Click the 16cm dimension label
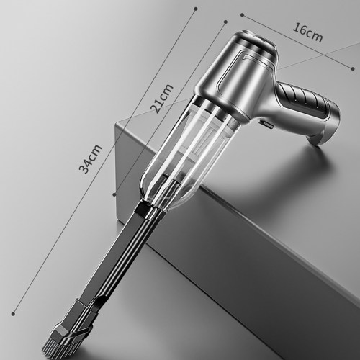(x=307, y=33)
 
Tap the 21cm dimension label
(x=161, y=99)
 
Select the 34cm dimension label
(x=90, y=159)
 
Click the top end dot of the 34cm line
(x=196, y=9)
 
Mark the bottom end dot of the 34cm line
(x=13, y=313)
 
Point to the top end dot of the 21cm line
(x=225, y=22)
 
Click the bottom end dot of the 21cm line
(x=114, y=194)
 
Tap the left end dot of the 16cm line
(x=242, y=15)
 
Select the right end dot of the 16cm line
(x=353, y=68)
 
